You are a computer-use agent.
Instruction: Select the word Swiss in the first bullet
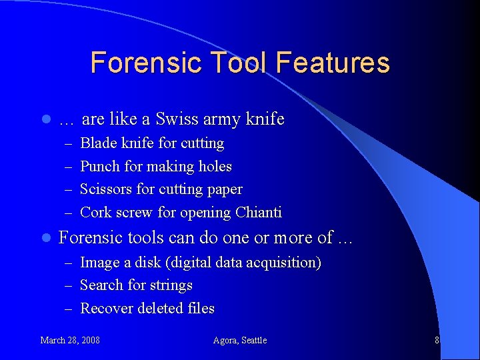tap(176, 119)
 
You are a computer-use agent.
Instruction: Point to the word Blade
tap(97, 143)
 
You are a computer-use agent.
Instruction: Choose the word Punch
tap(99, 166)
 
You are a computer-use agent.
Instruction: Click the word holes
tap(215, 166)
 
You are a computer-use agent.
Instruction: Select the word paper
tap(224, 190)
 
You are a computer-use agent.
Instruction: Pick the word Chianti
tap(258, 213)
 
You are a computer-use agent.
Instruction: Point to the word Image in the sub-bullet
tap(98, 263)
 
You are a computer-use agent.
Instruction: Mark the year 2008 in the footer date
tap(89, 340)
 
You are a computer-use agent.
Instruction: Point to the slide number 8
tap(437, 340)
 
